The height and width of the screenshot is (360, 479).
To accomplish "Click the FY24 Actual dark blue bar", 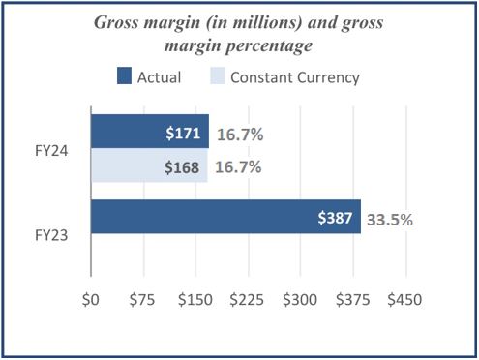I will [x=126, y=131].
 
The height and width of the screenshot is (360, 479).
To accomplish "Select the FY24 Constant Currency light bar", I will [x=126, y=166].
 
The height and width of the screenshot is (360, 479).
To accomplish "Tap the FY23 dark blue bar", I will [x=194, y=217].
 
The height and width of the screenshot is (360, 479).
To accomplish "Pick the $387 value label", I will [x=337, y=218].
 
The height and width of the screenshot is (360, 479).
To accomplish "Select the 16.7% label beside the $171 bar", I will [x=240, y=132].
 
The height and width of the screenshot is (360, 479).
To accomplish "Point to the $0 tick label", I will [x=91, y=300].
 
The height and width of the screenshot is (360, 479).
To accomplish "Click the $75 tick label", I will [x=142, y=300].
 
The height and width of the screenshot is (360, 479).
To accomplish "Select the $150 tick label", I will [x=195, y=300].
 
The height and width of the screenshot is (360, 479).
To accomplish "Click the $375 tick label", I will [x=352, y=300].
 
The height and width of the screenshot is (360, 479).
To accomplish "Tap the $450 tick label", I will [x=404, y=300].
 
